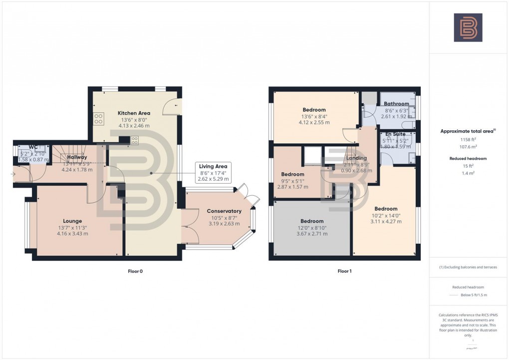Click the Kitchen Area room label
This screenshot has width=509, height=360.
pyautogui.click(x=133, y=113)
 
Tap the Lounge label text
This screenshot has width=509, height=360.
pyautogui.click(x=72, y=221)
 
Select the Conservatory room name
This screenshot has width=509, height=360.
pyautogui.click(x=224, y=211)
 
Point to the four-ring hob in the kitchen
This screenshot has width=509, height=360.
pyautogui.click(x=99, y=119)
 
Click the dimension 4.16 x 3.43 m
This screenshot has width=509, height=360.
pyautogui.click(x=72, y=233)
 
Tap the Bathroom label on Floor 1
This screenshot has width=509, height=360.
pyautogui.click(x=396, y=104)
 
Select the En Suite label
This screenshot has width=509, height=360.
pyautogui.click(x=395, y=134)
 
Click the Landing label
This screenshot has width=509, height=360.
pyautogui.click(x=356, y=158)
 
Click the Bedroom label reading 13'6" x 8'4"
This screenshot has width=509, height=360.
pyautogui.click(x=314, y=110)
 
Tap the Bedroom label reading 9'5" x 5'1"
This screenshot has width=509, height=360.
pyautogui.click(x=292, y=174)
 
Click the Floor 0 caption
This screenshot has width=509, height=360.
pyautogui.click(x=135, y=271)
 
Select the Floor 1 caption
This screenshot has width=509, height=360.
pyautogui.click(x=345, y=271)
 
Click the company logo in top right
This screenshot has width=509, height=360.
pyautogui.click(x=468, y=27)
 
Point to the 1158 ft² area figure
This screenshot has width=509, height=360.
pyautogui.click(x=468, y=140)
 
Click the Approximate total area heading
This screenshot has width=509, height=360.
pyautogui.click(x=467, y=131)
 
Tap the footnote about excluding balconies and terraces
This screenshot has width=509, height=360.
pyautogui.click(x=468, y=267)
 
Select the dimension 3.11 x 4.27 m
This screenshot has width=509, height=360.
pyautogui.click(x=386, y=221)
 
